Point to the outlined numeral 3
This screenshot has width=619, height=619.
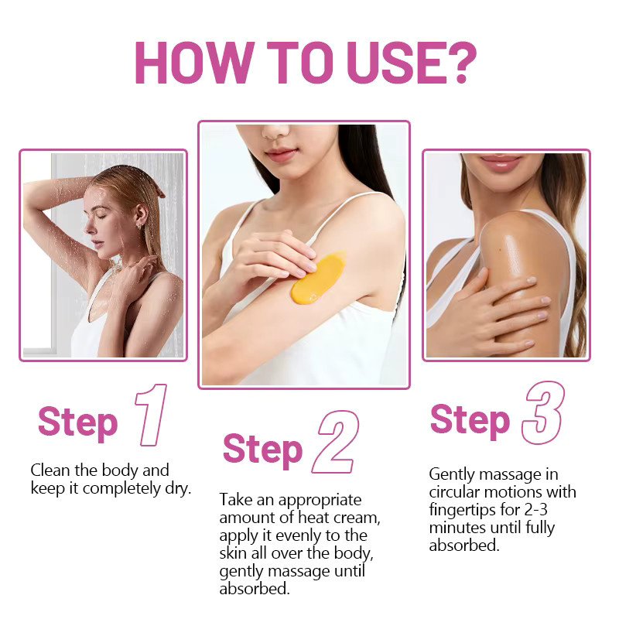pos(544,412)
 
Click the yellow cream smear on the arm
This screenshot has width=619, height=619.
pos(318,278)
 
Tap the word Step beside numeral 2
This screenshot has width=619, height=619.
pos(262,450)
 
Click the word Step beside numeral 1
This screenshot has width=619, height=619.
pos(78,423)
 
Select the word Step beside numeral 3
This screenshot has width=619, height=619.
pos(470,420)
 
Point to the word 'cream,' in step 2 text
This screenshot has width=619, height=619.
pos(357,518)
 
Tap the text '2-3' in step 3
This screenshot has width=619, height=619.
pos(535,510)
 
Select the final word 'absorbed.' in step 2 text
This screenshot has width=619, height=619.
pos(255,589)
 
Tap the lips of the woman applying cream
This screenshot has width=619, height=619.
pos(281,154)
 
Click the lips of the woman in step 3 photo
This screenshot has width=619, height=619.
pos(501,162)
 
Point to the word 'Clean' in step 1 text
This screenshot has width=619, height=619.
pos(50,470)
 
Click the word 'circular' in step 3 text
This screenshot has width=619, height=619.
pos(454,492)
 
